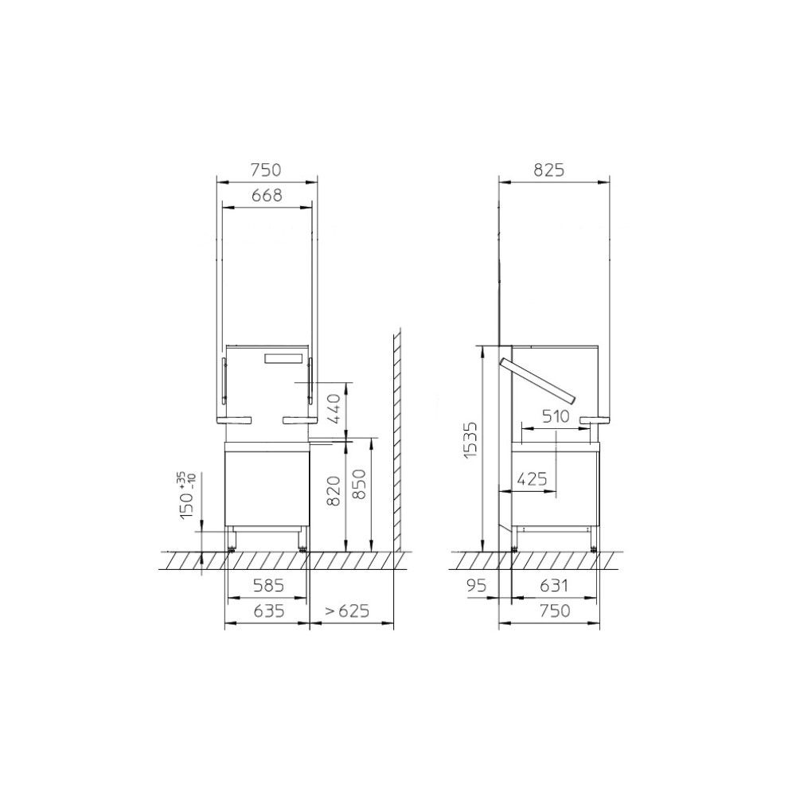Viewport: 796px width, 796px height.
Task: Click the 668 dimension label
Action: [x=267, y=195]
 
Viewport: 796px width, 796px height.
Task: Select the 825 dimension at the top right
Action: [x=548, y=170]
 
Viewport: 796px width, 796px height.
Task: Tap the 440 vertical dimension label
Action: [x=334, y=410]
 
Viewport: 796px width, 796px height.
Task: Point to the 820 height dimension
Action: [x=333, y=491]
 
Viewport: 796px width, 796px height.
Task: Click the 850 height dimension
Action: [x=359, y=484]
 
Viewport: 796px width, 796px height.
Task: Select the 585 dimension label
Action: [x=268, y=586]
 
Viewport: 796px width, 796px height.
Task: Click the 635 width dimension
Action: [x=269, y=611]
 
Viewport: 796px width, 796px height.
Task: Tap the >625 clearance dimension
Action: [x=348, y=611]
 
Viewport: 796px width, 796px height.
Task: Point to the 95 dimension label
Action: [x=476, y=586]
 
